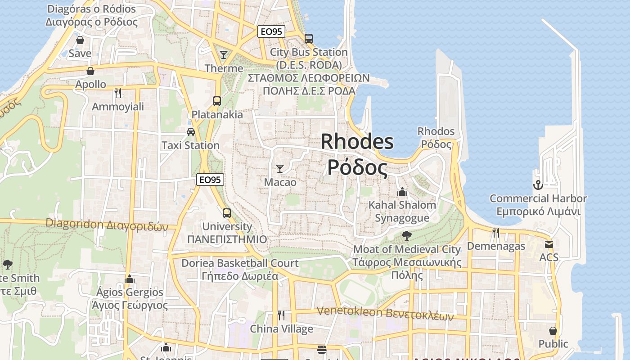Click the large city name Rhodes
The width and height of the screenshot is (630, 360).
[x=357, y=142]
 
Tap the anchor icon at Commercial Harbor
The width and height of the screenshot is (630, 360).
[x=538, y=185]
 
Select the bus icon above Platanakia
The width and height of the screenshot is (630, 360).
[x=217, y=101]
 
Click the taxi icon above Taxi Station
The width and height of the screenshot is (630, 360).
[x=191, y=132]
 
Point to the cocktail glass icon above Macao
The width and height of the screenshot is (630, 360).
[x=280, y=169]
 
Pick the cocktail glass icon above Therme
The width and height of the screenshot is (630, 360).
[x=224, y=55]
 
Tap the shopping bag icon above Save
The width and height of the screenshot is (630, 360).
[x=80, y=40]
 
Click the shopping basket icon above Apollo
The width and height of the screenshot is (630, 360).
[x=90, y=71]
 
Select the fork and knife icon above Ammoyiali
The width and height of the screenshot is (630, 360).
[x=118, y=93]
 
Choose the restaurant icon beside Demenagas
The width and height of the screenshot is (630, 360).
[x=496, y=233]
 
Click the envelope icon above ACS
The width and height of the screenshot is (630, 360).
[x=549, y=244]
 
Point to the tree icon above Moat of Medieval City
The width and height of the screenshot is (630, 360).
[x=407, y=235]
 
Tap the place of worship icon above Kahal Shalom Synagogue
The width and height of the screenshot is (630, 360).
[x=402, y=192]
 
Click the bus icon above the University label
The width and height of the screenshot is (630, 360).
[x=227, y=213]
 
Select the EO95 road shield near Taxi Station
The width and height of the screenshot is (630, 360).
[x=210, y=180]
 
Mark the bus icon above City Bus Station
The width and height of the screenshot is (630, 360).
[x=309, y=39]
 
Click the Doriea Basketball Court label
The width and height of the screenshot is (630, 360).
[x=240, y=263]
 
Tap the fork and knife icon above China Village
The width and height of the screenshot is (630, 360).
[x=281, y=315]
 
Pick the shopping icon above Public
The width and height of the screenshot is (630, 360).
[x=553, y=331]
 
